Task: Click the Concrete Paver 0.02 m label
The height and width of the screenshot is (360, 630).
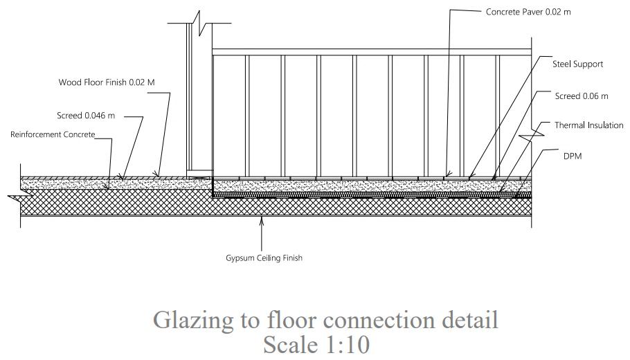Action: point(528,12)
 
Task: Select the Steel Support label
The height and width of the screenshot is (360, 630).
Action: point(577,64)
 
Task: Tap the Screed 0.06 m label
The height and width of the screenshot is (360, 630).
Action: point(582,96)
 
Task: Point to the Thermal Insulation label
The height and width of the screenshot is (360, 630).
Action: point(588,125)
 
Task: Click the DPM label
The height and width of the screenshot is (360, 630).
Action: point(573,156)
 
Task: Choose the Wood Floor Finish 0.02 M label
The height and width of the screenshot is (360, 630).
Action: point(107,82)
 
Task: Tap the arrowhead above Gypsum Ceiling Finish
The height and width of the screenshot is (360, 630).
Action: point(262,221)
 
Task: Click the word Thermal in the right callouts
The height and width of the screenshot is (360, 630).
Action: point(570,125)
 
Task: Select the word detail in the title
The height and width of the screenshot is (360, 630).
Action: point(470,321)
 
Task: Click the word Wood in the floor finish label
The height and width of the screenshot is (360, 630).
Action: point(69,82)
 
